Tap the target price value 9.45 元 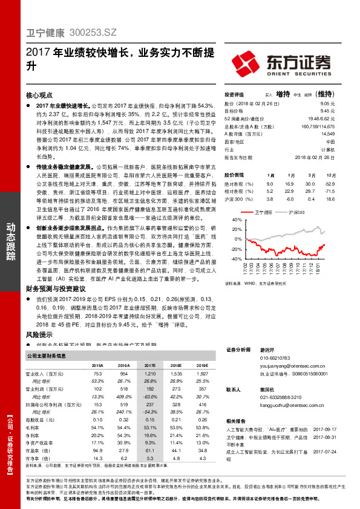(x=327, y=111)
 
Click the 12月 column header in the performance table (x=330, y=175)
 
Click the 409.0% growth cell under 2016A (x=123, y=396)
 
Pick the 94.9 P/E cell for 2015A (x=97, y=450)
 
